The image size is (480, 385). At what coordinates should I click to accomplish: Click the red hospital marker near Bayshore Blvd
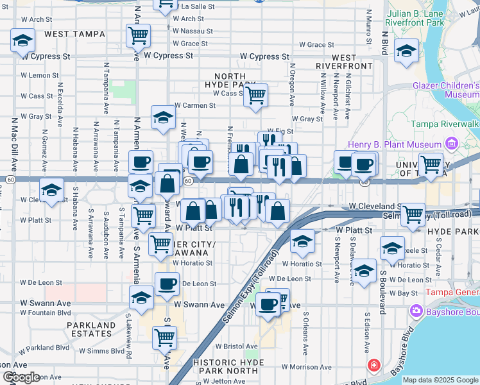[x=373, y=365]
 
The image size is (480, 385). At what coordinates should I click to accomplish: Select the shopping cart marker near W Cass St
[x=256, y=95]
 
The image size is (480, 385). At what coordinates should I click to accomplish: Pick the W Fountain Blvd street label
[x=45, y=312]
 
